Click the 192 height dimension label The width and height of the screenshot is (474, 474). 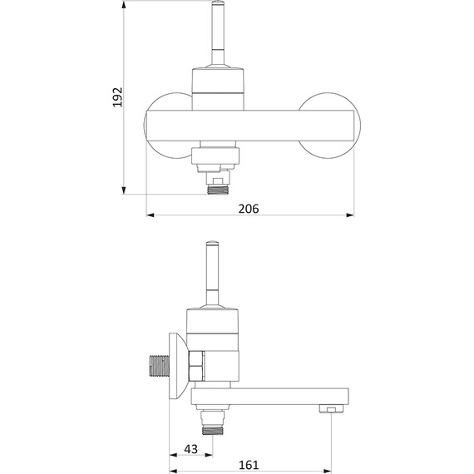[117, 96]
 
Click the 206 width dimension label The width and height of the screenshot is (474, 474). [249, 209]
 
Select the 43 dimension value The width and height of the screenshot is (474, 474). [190, 449]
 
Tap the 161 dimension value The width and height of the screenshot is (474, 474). [249, 465]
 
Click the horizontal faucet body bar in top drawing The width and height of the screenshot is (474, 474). [249, 126]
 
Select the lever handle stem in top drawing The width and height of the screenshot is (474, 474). [218, 33]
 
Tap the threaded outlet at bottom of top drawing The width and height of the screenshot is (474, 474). [218, 190]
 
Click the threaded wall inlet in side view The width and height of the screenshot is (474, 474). [160, 366]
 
